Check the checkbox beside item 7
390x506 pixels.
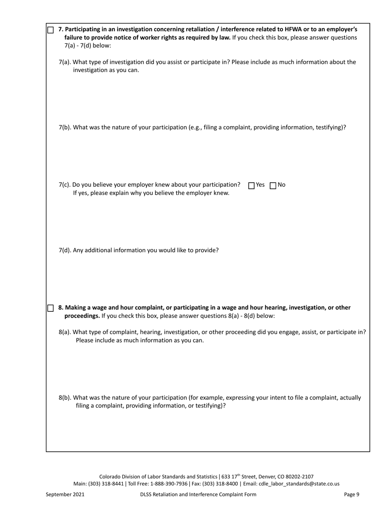(50, 30)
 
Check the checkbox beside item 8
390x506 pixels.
(50, 308)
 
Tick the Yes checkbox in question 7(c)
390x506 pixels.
(252, 186)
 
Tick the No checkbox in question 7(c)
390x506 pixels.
(273, 186)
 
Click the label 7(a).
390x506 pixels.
(65, 62)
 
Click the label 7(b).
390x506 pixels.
(65, 128)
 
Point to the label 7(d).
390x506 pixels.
(65, 250)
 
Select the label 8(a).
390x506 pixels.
(65, 332)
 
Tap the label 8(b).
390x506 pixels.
(65, 398)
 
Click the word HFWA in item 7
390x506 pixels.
(293, 30)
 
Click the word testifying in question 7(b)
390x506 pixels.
(329, 128)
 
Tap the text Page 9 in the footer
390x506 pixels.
(352, 494)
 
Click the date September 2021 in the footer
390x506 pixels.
(65, 494)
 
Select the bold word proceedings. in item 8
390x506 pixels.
(82, 316)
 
